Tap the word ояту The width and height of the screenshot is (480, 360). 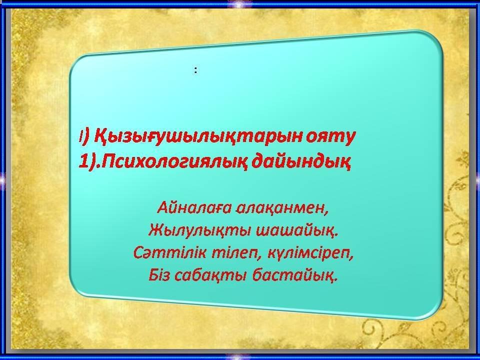(x=330, y=137)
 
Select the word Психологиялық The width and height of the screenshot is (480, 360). (x=174, y=162)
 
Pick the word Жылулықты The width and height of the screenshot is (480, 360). (x=199, y=230)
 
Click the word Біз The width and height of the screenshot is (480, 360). (x=158, y=275)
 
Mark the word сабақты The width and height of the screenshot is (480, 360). (x=210, y=275)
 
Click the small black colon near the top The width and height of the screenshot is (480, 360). (x=195, y=70)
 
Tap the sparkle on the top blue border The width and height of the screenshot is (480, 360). (x=239, y=3)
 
